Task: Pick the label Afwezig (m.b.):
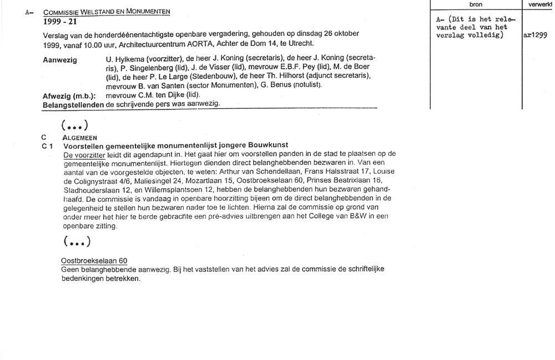(x=69, y=95)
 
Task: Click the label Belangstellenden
(x=73, y=104)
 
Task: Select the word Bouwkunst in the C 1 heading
(x=268, y=145)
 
